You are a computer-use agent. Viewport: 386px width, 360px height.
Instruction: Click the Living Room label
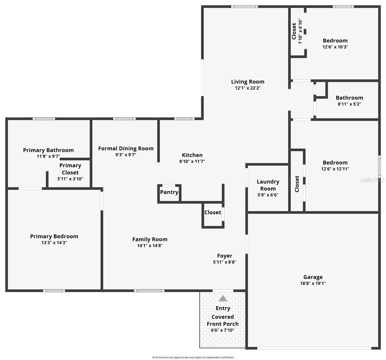(x=247, y=82)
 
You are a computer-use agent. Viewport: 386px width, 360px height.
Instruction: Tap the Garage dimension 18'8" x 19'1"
(x=313, y=283)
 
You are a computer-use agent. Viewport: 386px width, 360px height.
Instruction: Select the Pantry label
(x=169, y=192)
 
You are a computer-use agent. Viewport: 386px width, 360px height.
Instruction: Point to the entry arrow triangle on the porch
(x=223, y=298)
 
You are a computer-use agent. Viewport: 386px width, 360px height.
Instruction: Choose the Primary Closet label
(x=70, y=169)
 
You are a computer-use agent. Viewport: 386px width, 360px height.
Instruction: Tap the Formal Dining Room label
(x=126, y=148)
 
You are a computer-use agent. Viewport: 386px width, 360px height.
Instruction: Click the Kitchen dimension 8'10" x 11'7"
(x=192, y=161)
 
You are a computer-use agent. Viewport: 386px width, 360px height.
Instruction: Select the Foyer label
(x=225, y=256)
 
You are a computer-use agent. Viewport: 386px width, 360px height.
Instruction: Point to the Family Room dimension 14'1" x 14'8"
(x=150, y=246)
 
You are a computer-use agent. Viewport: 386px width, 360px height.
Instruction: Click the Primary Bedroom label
(x=54, y=236)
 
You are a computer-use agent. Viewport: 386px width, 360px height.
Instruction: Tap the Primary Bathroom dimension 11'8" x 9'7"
(x=48, y=156)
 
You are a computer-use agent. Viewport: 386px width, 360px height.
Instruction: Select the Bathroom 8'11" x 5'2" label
(x=349, y=98)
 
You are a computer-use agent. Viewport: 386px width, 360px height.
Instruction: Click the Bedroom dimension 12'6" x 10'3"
(x=335, y=47)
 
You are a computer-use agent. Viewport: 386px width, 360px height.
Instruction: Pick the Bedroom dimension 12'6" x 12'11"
(x=335, y=169)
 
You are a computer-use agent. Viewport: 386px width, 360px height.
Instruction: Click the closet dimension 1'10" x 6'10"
(x=300, y=31)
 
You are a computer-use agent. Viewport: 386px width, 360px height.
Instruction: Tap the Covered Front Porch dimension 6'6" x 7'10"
(x=223, y=330)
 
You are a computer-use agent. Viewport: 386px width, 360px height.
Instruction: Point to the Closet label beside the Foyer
(x=213, y=212)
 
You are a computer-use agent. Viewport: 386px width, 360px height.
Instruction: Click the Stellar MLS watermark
(x=373, y=180)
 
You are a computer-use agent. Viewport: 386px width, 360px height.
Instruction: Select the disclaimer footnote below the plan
(x=193, y=357)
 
